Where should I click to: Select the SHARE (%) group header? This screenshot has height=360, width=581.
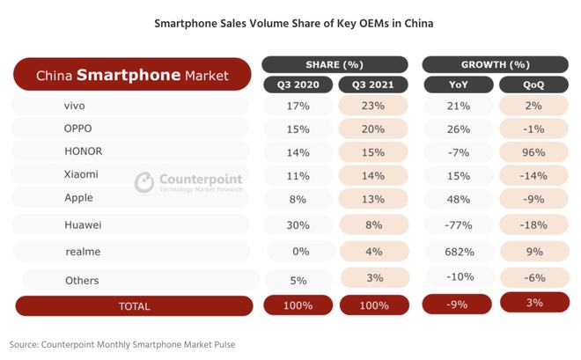click(335, 65)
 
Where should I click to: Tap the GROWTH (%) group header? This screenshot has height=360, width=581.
click(495, 65)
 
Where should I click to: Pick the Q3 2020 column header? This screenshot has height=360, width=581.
click(298, 84)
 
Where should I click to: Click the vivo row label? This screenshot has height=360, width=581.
click(75, 106)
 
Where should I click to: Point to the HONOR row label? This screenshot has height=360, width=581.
click(84, 151)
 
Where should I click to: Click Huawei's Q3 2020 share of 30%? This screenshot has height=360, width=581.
click(298, 224)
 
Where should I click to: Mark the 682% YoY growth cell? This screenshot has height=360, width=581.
click(458, 252)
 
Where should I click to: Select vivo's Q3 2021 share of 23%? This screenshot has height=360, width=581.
click(371, 106)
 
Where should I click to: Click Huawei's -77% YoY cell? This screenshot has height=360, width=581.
click(458, 224)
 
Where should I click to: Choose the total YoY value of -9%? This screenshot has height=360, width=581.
click(458, 305)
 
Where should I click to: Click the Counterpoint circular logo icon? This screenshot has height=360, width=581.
click(144, 182)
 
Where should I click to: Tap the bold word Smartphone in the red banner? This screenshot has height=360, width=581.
click(129, 76)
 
